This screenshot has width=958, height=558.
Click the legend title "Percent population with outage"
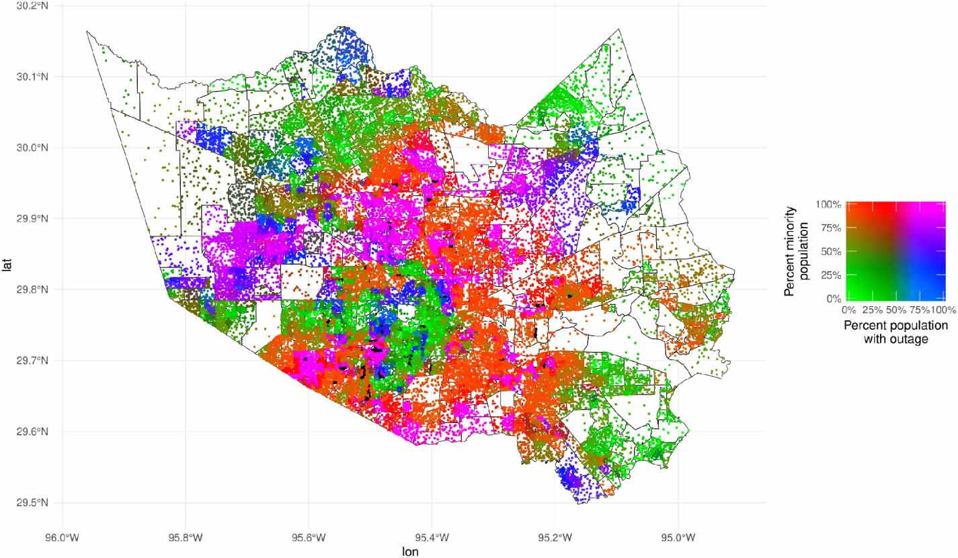(x=896, y=332)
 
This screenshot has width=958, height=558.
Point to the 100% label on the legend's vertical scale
(x=828, y=204)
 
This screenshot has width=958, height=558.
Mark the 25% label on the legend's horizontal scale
(x=872, y=310)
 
